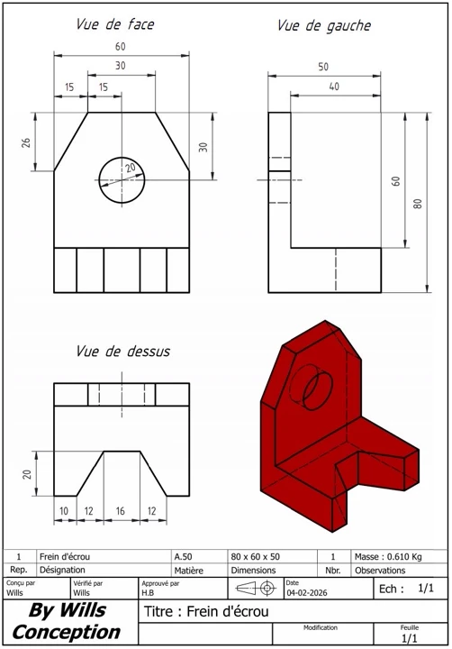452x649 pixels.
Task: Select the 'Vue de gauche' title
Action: point(323,26)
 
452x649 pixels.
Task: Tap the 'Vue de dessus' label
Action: point(122,351)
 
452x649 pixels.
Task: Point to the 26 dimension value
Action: point(26,142)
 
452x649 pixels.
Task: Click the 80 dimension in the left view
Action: point(417,203)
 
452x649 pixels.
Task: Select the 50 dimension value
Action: point(323,67)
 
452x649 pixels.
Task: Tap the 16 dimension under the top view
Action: point(121,511)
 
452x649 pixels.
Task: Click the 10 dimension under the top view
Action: point(64,511)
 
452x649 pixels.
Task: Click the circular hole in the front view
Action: point(121,180)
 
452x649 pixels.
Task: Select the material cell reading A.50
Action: point(182,556)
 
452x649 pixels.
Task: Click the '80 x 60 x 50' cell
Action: point(256,556)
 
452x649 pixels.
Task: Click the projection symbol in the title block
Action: point(256,589)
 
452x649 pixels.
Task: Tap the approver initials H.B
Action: point(148,594)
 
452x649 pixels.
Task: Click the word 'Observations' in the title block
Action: point(380,570)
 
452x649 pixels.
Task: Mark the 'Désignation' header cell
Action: point(62,570)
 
